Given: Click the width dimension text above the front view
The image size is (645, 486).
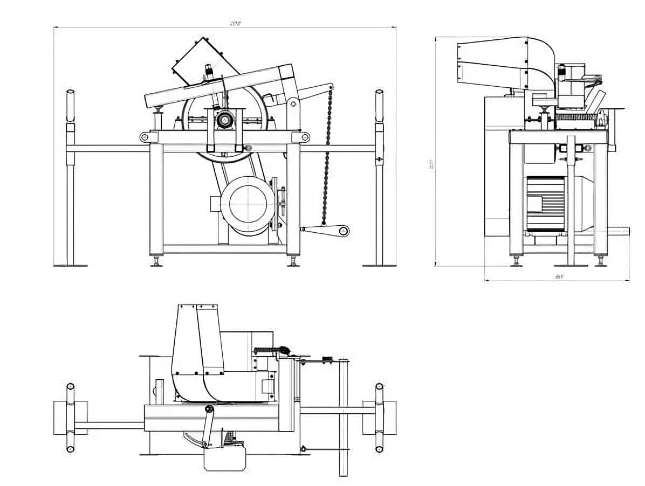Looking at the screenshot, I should [x=235, y=23].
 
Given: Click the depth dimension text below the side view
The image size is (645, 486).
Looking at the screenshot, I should [x=559, y=277].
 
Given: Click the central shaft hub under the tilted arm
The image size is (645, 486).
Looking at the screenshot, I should [x=223, y=120].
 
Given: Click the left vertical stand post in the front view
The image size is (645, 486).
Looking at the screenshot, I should [x=70, y=178].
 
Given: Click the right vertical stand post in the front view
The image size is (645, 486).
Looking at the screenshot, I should [x=379, y=178].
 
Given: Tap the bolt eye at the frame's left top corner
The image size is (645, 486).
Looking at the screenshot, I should [x=145, y=137].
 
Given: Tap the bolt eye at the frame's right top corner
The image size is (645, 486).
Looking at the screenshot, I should [x=305, y=137].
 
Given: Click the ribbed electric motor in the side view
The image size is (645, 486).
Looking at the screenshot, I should [x=545, y=204].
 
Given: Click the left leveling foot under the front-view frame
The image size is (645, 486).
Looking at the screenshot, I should [x=157, y=262].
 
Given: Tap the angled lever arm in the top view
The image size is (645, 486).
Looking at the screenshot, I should [x=206, y=426].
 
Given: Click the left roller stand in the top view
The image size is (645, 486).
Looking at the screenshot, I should [x=70, y=418].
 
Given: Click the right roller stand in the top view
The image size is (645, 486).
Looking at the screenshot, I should [x=379, y=418].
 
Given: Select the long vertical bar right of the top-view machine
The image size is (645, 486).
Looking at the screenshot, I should [x=344, y=418].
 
